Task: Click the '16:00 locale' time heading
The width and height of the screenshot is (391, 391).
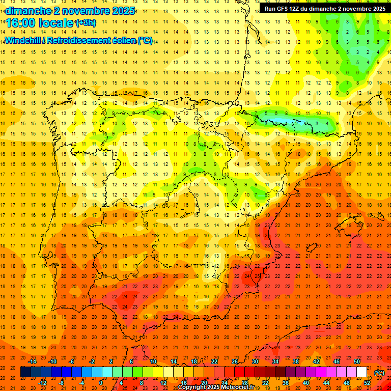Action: tap(39, 22)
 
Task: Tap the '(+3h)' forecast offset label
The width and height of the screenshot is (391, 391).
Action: tap(85, 22)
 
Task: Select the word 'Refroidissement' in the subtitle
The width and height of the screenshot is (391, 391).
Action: tap(80, 40)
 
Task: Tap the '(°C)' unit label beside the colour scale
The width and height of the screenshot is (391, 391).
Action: tap(379, 373)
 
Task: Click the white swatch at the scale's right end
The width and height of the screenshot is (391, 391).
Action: tap(362, 372)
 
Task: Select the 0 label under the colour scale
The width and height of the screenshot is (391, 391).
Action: tap(101, 383)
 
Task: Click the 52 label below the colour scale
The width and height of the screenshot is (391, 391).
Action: tap(367, 383)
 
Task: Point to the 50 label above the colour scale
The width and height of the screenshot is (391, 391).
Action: tap(357, 361)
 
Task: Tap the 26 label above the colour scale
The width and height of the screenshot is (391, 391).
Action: tap(235, 361)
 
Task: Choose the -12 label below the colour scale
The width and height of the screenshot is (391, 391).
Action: tap(43, 383)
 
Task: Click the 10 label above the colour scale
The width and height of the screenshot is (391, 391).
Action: tap(153, 361)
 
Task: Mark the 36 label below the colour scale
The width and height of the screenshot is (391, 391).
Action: tap(286, 383)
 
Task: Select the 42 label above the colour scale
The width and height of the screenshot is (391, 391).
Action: tap(316, 361)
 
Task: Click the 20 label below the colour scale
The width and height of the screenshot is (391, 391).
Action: tap(204, 383)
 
